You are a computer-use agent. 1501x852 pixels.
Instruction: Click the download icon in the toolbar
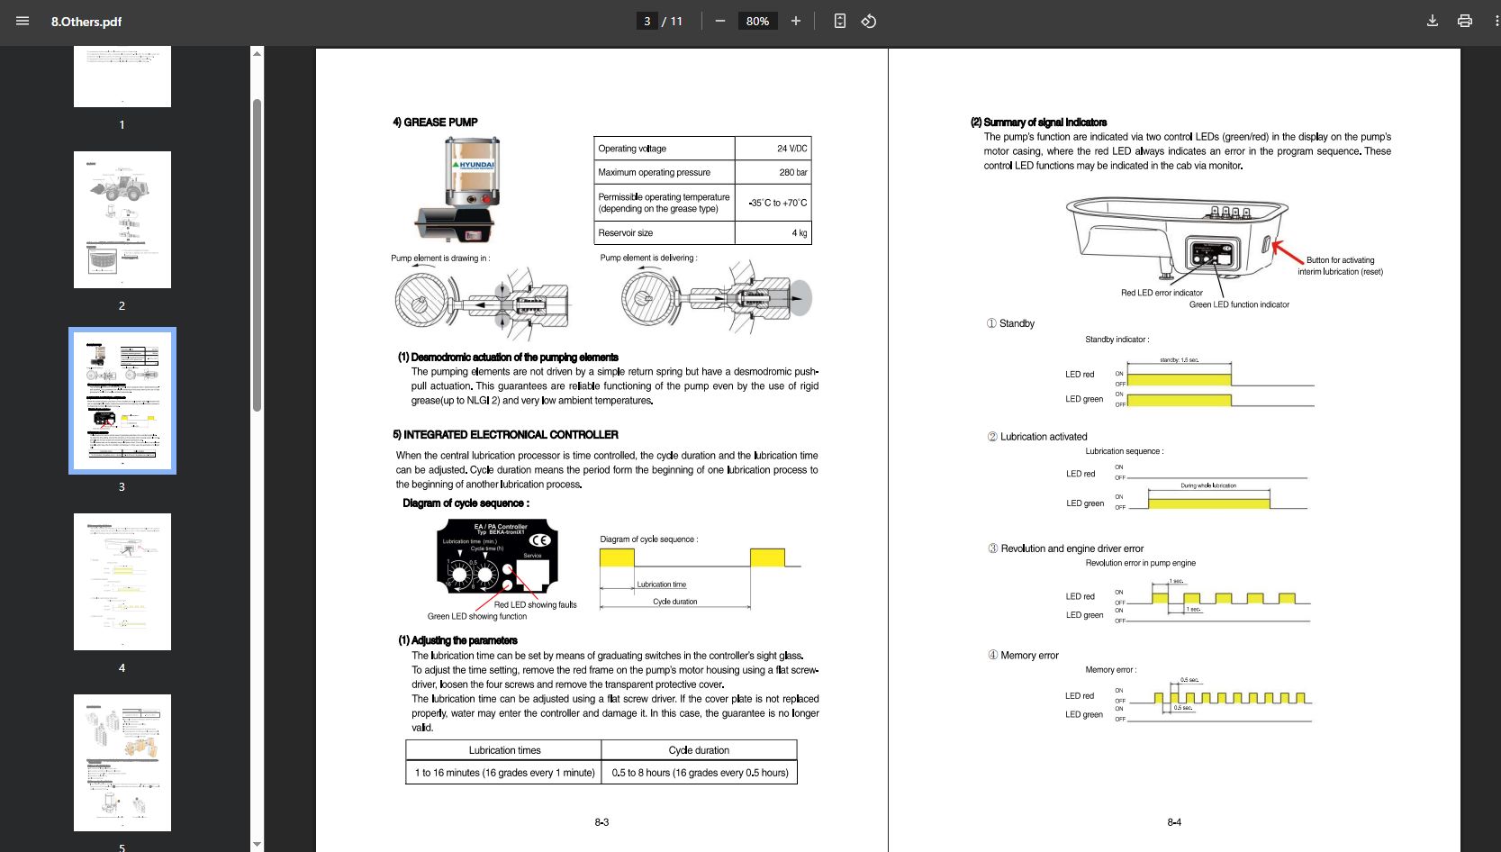tap(1432, 21)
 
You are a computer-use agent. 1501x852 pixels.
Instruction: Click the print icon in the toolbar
tap(1465, 21)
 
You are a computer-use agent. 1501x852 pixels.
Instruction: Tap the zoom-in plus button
tap(795, 21)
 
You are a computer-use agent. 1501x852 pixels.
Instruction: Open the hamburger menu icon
tap(23, 21)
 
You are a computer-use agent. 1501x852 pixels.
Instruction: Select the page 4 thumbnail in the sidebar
tap(122, 582)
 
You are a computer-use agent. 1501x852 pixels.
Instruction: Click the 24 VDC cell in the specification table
tap(791, 149)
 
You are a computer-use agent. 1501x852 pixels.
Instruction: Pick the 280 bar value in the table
tap(792, 172)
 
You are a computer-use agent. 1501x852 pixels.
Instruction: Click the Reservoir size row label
tap(626, 232)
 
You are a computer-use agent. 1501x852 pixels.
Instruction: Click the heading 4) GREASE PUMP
tap(435, 122)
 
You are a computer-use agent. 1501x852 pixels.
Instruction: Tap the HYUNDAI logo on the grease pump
tap(475, 165)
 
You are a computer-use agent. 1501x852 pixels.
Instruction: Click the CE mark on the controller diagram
tap(539, 540)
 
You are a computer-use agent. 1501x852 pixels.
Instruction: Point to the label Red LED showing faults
tap(535, 604)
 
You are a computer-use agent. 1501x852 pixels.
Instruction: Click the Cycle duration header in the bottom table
tap(699, 750)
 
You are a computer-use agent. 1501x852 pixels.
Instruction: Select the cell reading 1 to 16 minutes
tap(504, 773)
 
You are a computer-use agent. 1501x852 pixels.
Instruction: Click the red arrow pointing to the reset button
tap(1287, 251)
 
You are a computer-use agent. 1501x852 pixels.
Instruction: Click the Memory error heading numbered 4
tap(1028, 656)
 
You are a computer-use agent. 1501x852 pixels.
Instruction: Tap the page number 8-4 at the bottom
tap(1174, 822)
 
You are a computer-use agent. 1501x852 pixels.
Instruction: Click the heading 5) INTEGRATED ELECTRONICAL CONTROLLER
tap(505, 434)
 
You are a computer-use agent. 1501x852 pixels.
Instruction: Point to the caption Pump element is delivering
tap(648, 258)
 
